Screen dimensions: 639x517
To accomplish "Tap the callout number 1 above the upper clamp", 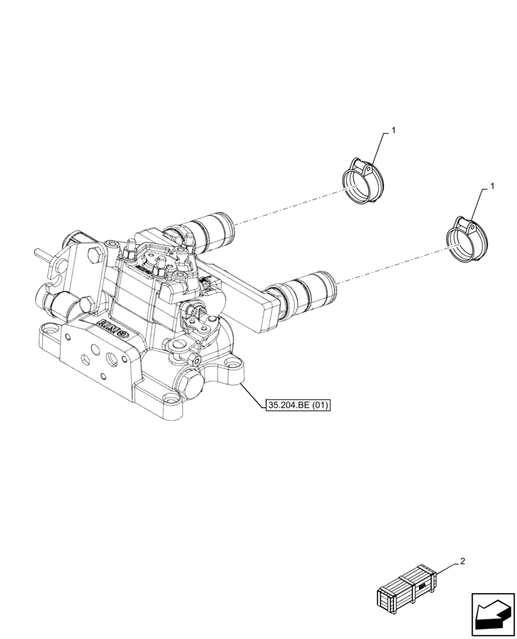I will [394, 130].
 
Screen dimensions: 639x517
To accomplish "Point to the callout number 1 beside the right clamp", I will [491, 186].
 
